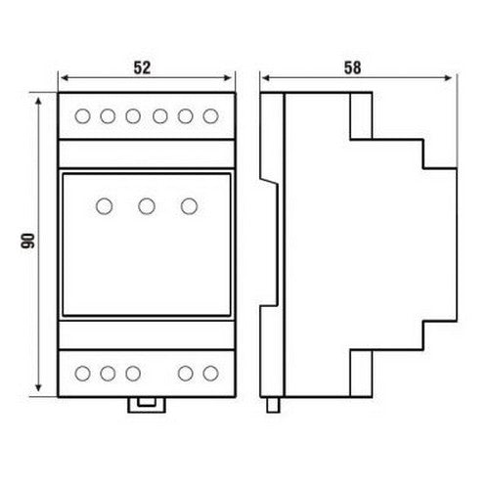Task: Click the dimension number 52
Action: tap(142, 67)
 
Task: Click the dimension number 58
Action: tap(353, 67)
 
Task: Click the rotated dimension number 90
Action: tap(28, 241)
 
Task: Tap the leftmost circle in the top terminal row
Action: tap(82, 116)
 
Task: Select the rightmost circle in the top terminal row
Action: tap(210, 116)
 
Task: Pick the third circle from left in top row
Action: tap(133, 116)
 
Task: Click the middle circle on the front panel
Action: tap(147, 206)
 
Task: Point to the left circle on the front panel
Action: tap(105, 206)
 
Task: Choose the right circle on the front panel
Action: tap(189, 206)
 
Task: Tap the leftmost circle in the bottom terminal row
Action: tap(82, 374)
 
